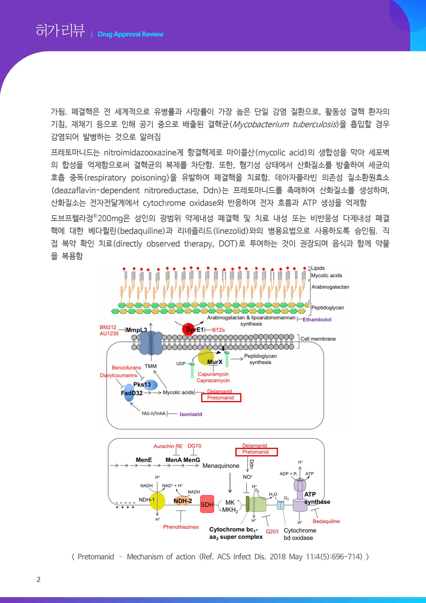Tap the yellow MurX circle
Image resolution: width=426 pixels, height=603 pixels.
coord(206,357)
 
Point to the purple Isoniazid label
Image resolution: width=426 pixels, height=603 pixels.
coord(191,414)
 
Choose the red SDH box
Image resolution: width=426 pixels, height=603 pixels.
coord(207,504)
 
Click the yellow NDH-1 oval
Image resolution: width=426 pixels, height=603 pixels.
coord(157,501)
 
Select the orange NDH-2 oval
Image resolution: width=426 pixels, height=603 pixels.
coord(183,501)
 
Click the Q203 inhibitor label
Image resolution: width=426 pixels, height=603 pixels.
coord(272,531)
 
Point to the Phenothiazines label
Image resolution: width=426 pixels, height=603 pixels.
coord(181,527)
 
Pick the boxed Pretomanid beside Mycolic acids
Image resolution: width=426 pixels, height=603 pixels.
coord(221,398)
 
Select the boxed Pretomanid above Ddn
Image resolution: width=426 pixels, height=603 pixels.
coord(256,452)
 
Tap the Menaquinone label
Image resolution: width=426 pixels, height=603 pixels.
coord(221,466)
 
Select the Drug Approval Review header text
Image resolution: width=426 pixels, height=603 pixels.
coord(130,34)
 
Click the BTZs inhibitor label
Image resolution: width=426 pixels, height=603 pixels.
coord(218,330)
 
